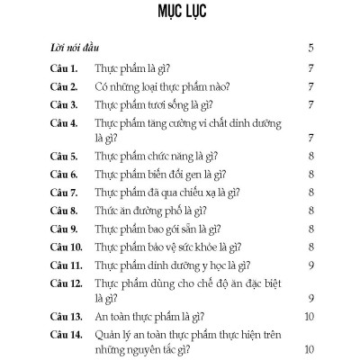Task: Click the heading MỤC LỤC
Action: (x=180, y=15)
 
